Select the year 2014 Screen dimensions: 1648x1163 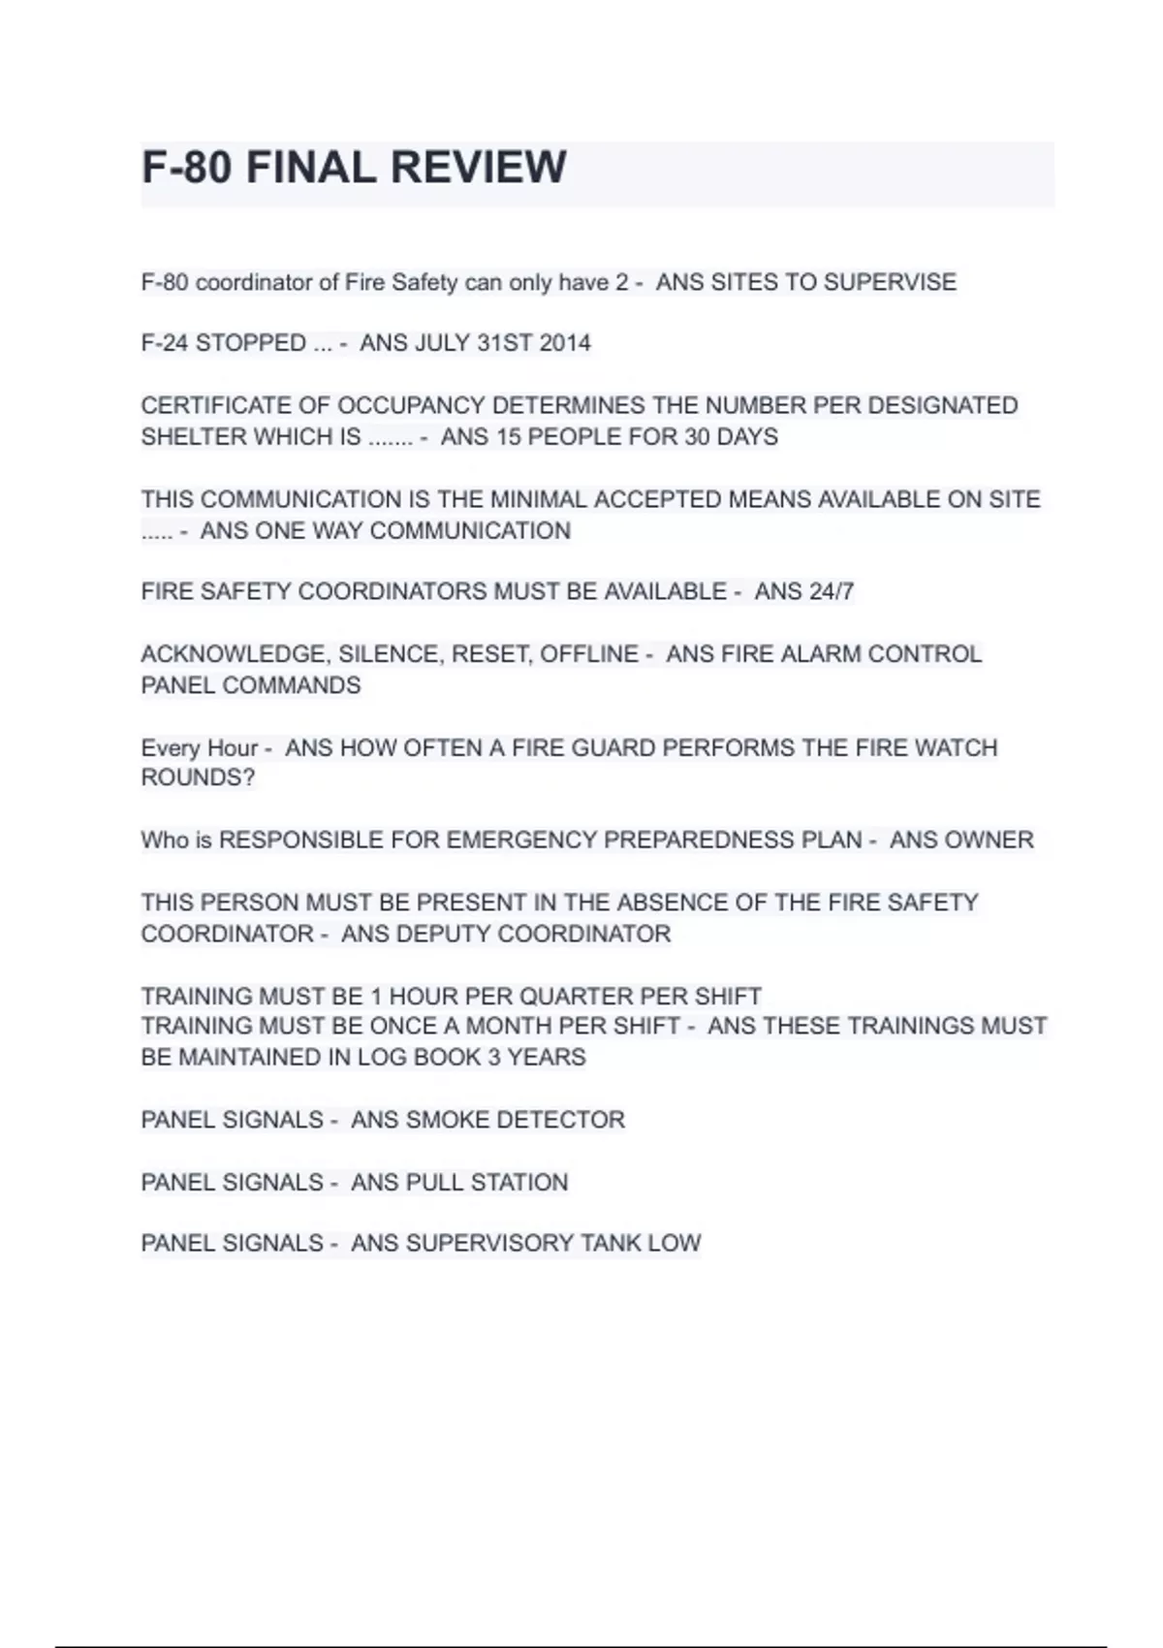pos(564,343)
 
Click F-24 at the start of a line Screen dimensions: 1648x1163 pos(165,343)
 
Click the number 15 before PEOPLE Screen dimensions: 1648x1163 pos(509,437)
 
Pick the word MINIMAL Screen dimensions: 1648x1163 pos(538,499)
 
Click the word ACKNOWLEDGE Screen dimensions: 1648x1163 pos(234,654)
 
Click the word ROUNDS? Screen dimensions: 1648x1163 pos(198,777)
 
